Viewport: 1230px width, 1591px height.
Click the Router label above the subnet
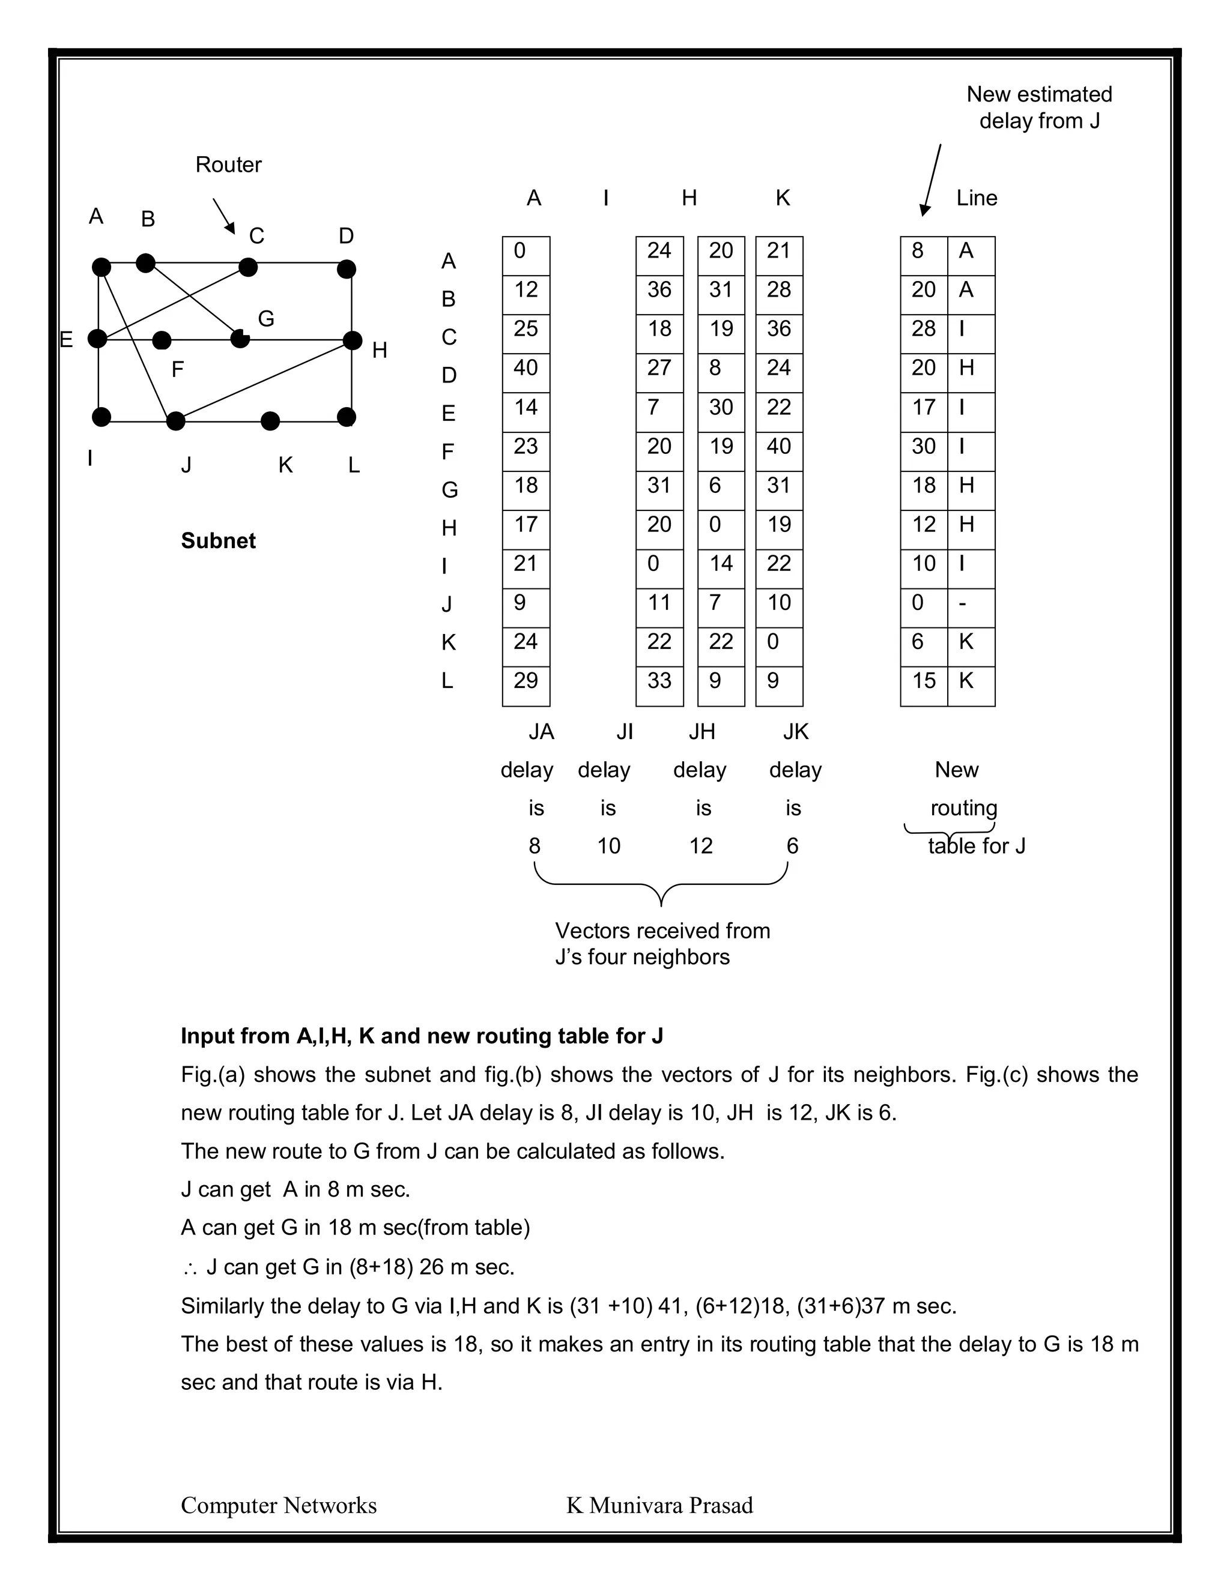[228, 165]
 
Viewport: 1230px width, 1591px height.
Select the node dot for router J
[175, 421]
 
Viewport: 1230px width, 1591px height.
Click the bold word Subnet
[218, 540]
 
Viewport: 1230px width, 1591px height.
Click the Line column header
[976, 198]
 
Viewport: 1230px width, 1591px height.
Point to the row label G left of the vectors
[450, 491]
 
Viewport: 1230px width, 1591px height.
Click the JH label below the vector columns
[701, 731]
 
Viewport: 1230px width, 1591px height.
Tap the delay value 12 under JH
[700, 846]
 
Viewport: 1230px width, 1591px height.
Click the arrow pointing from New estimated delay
[932, 178]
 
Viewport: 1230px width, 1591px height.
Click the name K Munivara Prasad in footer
[659, 1505]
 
